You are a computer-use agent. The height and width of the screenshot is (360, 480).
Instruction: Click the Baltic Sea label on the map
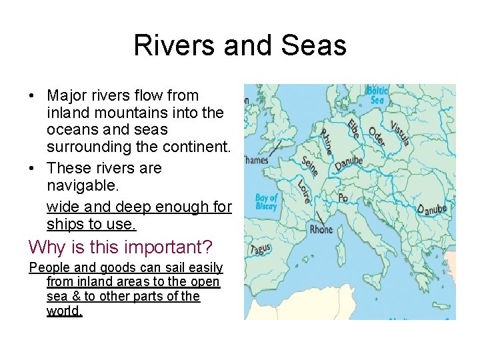point(377,95)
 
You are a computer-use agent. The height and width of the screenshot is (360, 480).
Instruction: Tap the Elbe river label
point(351,127)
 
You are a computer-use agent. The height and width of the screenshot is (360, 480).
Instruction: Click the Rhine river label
point(327,141)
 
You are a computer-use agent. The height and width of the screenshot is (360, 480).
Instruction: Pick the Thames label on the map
point(255,160)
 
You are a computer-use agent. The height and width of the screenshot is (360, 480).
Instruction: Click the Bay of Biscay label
point(266,201)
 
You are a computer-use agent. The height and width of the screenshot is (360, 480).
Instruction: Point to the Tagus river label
point(260,250)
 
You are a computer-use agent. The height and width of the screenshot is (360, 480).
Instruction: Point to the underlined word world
point(64,311)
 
